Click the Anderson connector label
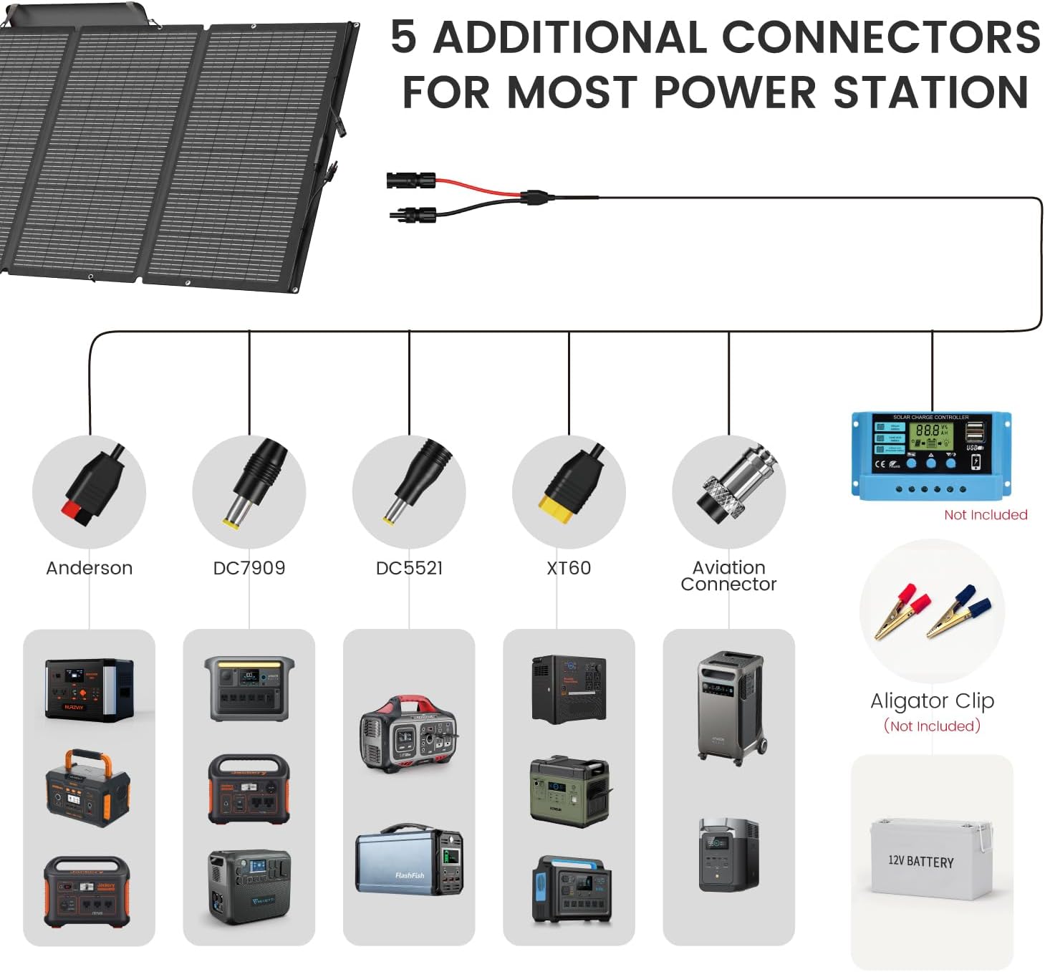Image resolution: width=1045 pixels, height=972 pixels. [89, 568]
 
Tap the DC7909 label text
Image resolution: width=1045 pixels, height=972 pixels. [249, 568]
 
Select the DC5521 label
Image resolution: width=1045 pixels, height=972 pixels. [409, 568]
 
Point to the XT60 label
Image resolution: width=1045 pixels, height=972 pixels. [569, 568]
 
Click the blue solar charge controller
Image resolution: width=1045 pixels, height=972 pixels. [931, 454]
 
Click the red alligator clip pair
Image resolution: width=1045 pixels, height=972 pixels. [901, 611]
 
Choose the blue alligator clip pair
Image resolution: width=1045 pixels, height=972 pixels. [958, 611]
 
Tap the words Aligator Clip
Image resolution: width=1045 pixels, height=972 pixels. [932, 701]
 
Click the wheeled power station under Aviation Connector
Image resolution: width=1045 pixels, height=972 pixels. [731, 706]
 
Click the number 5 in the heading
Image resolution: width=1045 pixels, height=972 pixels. [403, 37]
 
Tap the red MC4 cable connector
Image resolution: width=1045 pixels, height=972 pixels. [411, 179]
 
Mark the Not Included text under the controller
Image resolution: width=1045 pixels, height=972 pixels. [986, 514]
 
